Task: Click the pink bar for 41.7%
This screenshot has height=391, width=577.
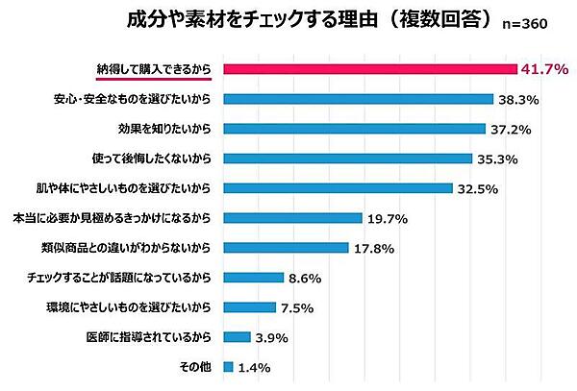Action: (x=369, y=68)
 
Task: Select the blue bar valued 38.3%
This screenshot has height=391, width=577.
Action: (x=358, y=98)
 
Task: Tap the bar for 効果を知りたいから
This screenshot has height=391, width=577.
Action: (x=354, y=128)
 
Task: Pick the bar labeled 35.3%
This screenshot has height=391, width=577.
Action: (x=347, y=158)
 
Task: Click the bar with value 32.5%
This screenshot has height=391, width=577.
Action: (x=338, y=187)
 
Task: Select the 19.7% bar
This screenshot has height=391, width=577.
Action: (x=292, y=217)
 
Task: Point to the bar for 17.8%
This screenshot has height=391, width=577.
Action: (x=286, y=247)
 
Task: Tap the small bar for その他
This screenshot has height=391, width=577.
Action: (x=228, y=366)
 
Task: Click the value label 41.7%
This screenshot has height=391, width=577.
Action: (x=542, y=69)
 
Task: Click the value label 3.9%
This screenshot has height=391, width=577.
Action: (x=272, y=337)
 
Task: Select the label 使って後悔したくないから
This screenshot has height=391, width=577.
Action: (x=153, y=158)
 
